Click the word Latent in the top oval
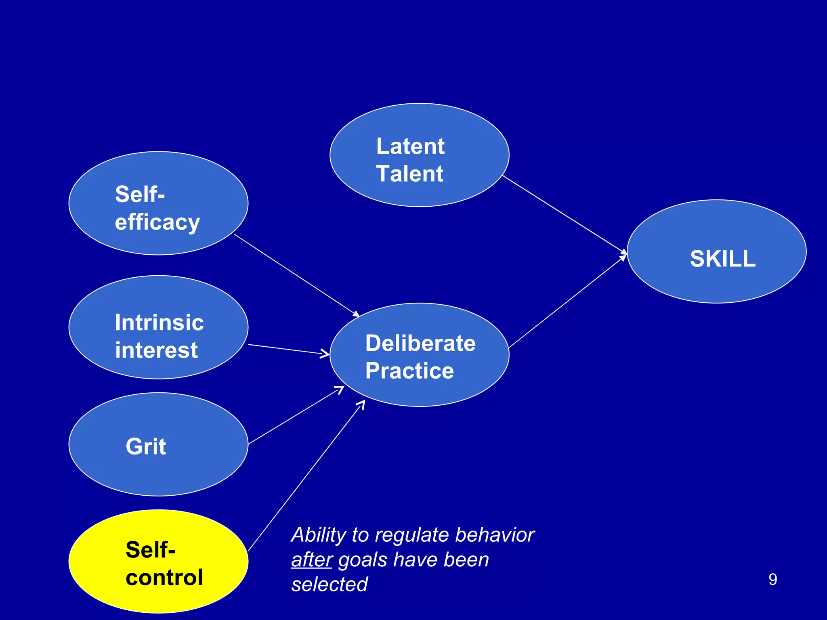click(x=410, y=146)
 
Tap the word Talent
click(x=409, y=174)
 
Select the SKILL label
click(x=722, y=259)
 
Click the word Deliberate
click(x=420, y=344)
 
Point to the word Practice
click(x=409, y=371)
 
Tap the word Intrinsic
click(x=159, y=323)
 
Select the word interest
click(x=156, y=350)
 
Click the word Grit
click(x=146, y=446)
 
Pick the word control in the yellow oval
click(x=164, y=578)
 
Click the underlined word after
click(x=311, y=560)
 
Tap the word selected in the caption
click(x=330, y=584)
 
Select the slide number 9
click(x=772, y=580)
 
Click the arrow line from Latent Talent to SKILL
click(x=565, y=214)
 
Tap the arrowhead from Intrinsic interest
click(x=325, y=354)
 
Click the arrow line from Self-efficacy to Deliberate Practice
click(x=295, y=274)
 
